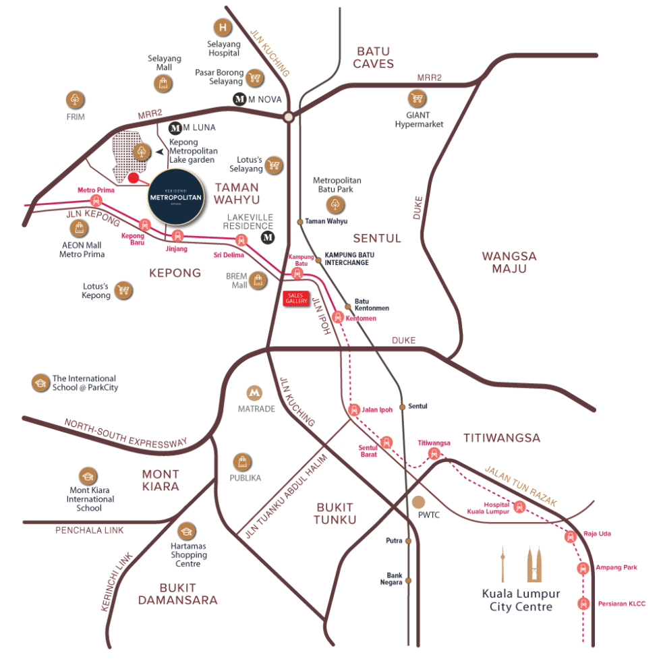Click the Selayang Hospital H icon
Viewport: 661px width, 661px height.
pyautogui.click(x=221, y=28)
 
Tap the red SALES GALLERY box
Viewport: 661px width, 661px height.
pyautogui.click(x=295, y=298)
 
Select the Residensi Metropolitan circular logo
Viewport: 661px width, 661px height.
pyautogui.click(x=175, y=196)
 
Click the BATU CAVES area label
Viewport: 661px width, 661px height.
pyautogui.click(x=373, y=57)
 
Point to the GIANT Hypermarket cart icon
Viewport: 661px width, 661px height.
pyautogui.click(x=417, y=98)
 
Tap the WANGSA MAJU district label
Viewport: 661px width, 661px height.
pyautogui.click(x=509, y=262)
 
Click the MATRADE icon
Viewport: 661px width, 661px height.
pyautogui.click(x=254, y=393)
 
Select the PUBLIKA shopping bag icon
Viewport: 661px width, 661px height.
pyautogui.click(x=242, y=462)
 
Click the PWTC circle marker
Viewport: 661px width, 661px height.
pyautogui.click(x=419, y=502)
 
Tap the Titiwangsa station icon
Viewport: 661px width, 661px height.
pyautogui.click(x=434, y=453)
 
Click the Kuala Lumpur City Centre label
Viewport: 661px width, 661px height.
pyautogui.click(x=521, y=600)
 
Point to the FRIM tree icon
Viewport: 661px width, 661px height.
pyautogui.click(x=75, y=99)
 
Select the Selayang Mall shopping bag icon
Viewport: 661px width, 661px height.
pyautogui.click(x=163, y=83)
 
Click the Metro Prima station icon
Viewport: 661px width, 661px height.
pyautogui.click(x=96, y=200)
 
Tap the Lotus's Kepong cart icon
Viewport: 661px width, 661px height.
pyautogui.click(x=123, y=290)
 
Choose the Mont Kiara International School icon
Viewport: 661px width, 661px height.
pyautogui.click(x=88, y=476)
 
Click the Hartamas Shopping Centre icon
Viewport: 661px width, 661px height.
pyautogui.click(x=186, y=531)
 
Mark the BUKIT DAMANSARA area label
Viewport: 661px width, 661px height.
pyautogui.click(x=178, y=594)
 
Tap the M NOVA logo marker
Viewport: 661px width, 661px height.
pyautogui.click(x=239, y=99)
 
